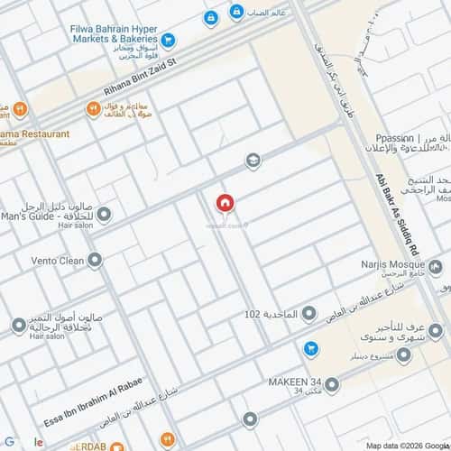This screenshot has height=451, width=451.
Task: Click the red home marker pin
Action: pyautogui.click(x=225, y=203)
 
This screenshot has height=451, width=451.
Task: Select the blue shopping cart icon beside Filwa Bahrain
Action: pyautogui.click(x=169, y=40)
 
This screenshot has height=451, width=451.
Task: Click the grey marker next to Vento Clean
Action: pyautogui.click(x=95, y=261)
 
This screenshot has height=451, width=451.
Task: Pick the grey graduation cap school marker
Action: pyautogui.click(x=253, y=161)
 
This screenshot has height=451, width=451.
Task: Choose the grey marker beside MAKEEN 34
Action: pyautogui.click(x=332, y=385)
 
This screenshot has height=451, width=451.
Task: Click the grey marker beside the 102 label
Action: pyautogui.click(x=308, y=314)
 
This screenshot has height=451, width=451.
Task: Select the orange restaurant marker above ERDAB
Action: pyautogui.click(x=166, y=439)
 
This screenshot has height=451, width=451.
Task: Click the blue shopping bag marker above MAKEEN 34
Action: pyautogui.click(x=310, y=347)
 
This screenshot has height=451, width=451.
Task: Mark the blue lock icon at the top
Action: pyautogui.click(x=210, y=17)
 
